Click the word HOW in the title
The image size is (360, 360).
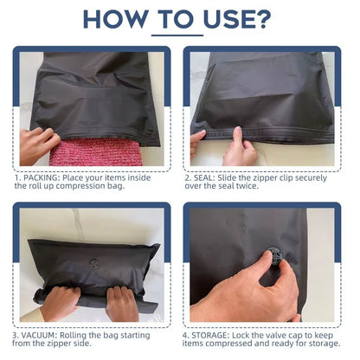click(x=119, y=18)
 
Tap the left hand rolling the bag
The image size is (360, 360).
click(x=60, y=300)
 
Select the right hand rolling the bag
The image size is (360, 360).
click(x=121, y=302)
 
